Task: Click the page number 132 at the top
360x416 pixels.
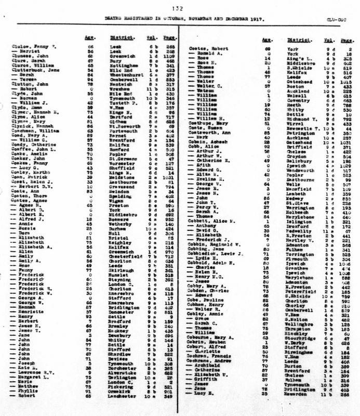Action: click(x=179, y=7)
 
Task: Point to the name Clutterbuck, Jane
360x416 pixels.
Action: click(x=32, y=69)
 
